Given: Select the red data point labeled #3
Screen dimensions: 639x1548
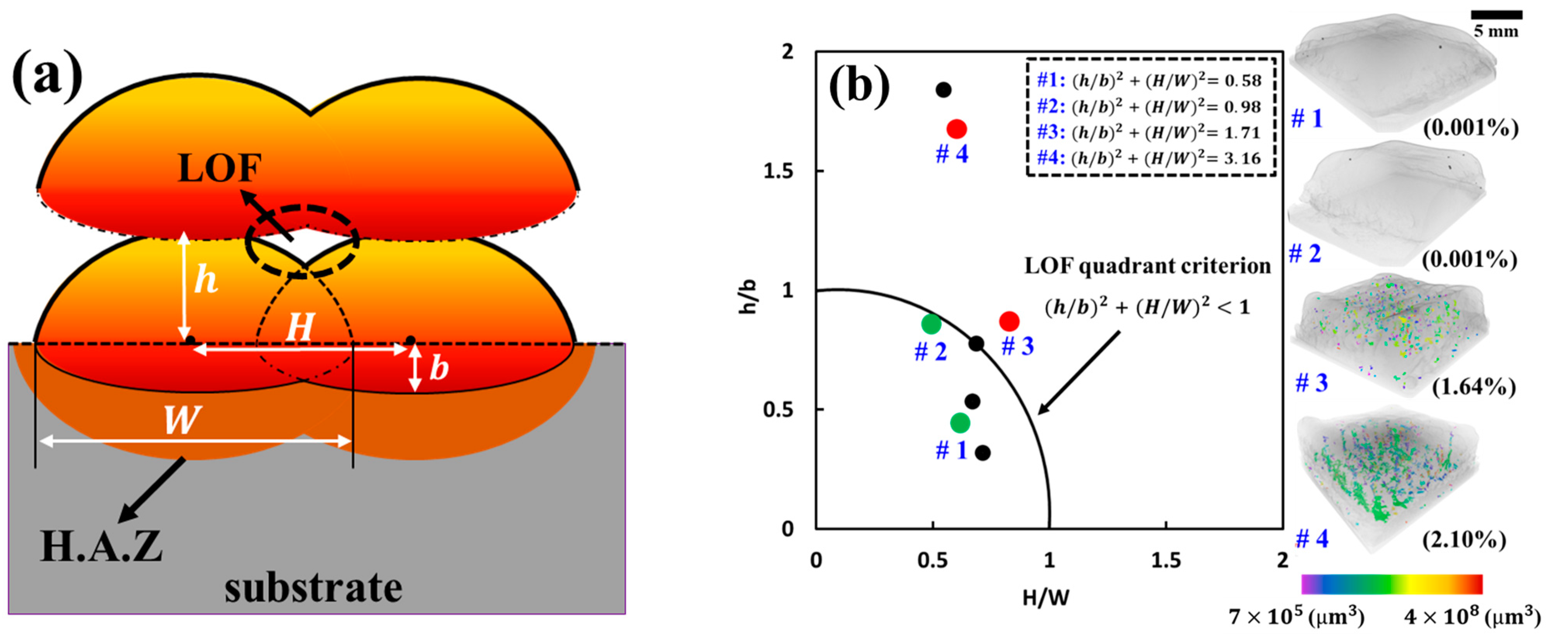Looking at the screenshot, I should (x=1009, y=321).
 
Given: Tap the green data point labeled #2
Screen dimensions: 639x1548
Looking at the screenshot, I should (x=931, y=324).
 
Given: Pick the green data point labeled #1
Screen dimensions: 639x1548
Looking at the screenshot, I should (x=960, y=423).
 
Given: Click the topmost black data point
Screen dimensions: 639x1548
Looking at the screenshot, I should (x=944, y=90).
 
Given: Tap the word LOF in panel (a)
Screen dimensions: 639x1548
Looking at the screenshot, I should (x=220, y=169).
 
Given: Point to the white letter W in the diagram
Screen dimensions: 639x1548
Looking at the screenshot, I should (x=182, y=420).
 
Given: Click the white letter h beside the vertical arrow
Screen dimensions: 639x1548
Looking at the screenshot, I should (x=206, y=280).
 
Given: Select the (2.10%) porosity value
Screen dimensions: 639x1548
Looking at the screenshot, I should (x=1464, y=540).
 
